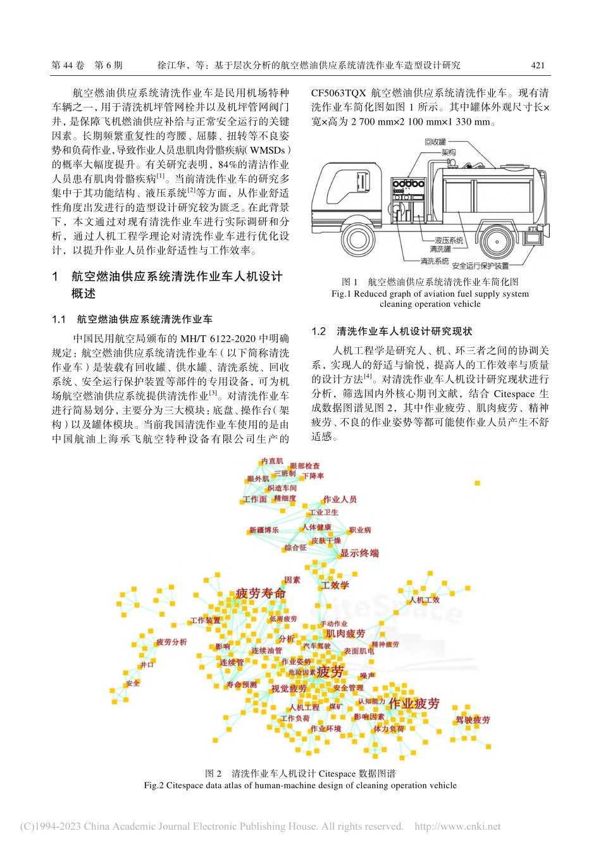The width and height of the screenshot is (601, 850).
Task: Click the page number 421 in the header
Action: pyautogui.click(x=537, y=65)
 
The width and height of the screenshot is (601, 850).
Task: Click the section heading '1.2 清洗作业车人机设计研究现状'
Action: pyautogui.click(x=392, y=331)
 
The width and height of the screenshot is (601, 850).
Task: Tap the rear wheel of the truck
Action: pyautogui.click(x=497, y=242)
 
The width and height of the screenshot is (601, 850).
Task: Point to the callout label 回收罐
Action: pyautogui.click(x=435, y=142)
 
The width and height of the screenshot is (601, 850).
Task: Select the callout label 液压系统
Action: pyautogui.click(x=449, y=240)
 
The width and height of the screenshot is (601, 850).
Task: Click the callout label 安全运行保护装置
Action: pyautogui.click(x=480, y=266)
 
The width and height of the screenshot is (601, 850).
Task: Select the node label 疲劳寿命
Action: pyautogui.click(x=261, y=593)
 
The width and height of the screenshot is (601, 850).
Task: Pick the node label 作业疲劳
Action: pyautogui.click(x=414, y=704)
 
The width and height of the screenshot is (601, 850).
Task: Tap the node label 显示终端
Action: pyautogui.click(x=359, y=553)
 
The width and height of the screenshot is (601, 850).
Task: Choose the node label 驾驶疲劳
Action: pyautogui.click(x=473, y=720)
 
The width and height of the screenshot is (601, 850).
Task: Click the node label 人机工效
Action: pyautogui.click(x=424, y=600)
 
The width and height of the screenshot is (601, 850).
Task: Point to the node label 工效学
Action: pyautogui.click(x=335, y=585)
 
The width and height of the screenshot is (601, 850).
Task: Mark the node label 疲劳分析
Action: pyautogui.click(x=171, y=642)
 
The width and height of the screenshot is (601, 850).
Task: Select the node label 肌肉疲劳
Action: pyautogui.click(x=345, y=633)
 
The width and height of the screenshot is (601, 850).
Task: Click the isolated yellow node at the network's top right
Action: pyautogui.click(x=477, y=483)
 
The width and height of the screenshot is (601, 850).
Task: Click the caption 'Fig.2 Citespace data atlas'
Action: pyautogui.click(x=300, y=785)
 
